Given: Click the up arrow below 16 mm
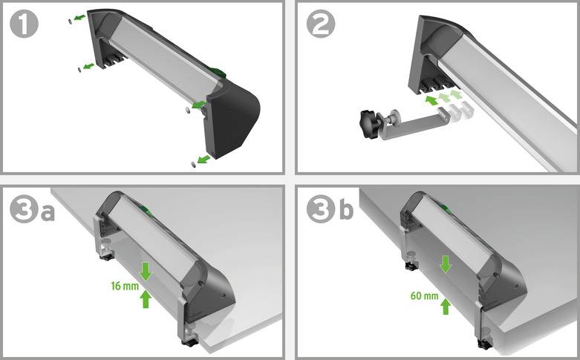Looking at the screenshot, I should (146, 298).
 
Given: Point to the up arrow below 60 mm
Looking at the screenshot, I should (445, 305).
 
